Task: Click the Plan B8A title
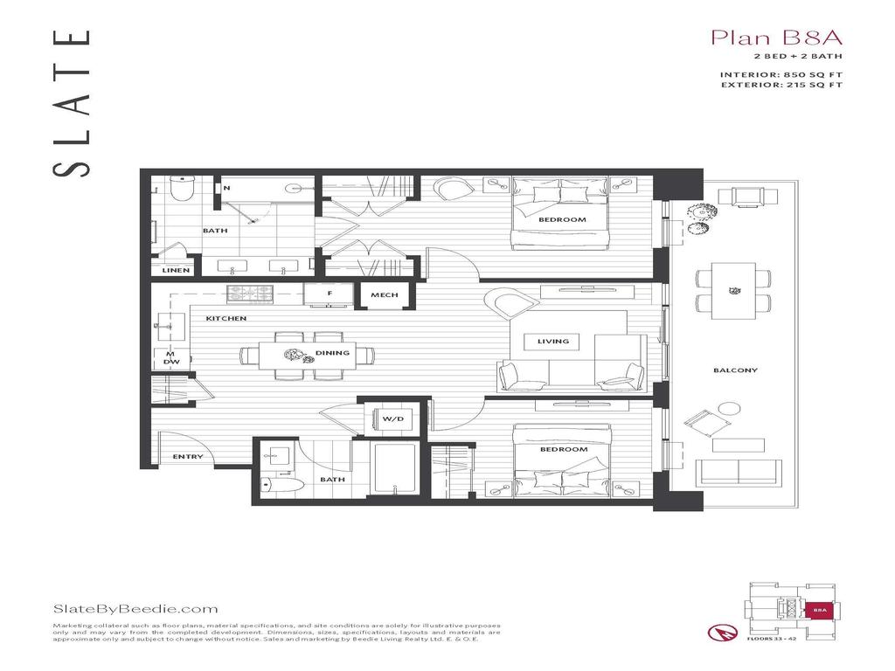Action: pyautogui.click(x=764, y=38)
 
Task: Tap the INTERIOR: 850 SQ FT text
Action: pyautogui.click(x=781, y=74)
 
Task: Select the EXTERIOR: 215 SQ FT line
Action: pyautogui.click(x=781, y=86)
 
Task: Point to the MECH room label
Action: pyautogui.click(x=384, y=295)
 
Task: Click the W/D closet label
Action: pyautogui.click(x=392, y=419)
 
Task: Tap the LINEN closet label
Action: pyautogui.click(x=176, y=270)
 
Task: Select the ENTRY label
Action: pyautogui.click(x=188, y=457)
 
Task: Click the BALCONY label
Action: pyautogui.click(x=735, y=370)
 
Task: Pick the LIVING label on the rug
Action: pyautogui.click(x=552, y=342)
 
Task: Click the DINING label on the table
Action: pyautogui.click(x=332, y=353)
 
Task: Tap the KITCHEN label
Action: pyautogui.click(x=226, y=319)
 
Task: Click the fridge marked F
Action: pyautogui.click(x=330, y=294)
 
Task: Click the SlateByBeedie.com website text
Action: pyautogui.click(x=135, y=609)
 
